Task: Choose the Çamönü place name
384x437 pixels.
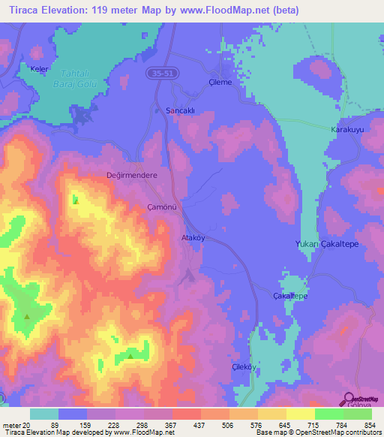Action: tap(162, 206)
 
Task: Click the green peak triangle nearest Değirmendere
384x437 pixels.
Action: tap(76, 200)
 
